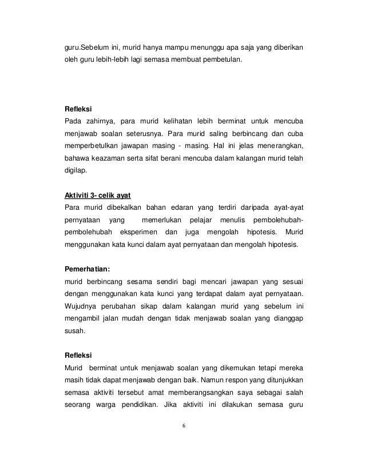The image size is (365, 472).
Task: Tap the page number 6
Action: coord(183,426)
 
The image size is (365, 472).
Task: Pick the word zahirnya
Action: coord(101,120)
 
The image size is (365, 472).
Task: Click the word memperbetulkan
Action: coord(91,145)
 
